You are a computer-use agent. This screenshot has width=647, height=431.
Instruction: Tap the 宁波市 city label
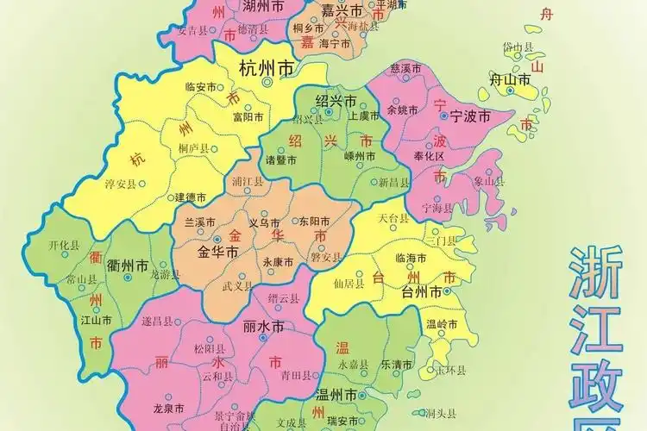[x=470, y=116]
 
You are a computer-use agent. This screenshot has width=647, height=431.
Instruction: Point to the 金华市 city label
[x=217, y=253]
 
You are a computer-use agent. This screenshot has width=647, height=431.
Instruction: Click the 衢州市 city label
[x=127, y=265]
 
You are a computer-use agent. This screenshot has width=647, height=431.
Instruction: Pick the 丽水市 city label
[x=264, y=327]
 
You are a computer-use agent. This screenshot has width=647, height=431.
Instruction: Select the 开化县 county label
[x=64, y=246]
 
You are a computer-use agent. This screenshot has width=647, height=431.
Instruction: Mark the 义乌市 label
[x=264, y=222]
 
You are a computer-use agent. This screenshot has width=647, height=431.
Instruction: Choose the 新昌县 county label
[x=393, y=183]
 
